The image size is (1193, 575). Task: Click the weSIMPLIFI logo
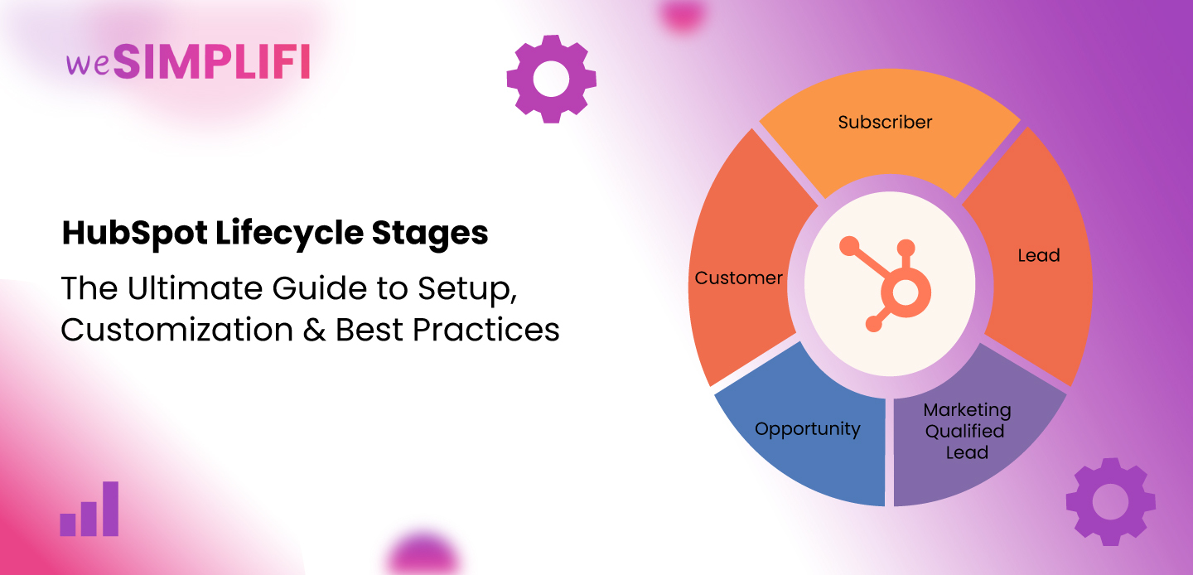(x=188, y=62)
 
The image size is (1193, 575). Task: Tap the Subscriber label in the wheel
(x=885, y=122)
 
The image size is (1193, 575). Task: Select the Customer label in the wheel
(x=739, y=278)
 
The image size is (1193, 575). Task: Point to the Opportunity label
(x=808, y=429)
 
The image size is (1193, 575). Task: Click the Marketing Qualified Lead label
(x=967, y=431)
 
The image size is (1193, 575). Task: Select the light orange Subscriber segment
(x=890, y=133)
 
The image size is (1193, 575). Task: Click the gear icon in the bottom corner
(x=1110, y=501)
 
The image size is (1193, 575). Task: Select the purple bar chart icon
(x=89, y=509)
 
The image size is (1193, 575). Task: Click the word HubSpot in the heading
(x=135, y=233)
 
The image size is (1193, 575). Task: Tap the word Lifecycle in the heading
(x=289, y=233)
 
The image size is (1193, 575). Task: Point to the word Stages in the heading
(x=430, y=233)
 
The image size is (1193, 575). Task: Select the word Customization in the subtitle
(x=176, y=330)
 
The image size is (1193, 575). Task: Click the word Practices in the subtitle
(x=486, y=330)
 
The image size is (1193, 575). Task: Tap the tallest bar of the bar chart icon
(x=110, y=509)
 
